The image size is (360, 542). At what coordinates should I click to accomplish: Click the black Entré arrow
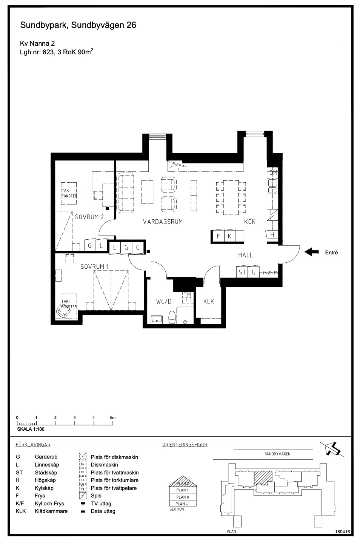coord(311,252)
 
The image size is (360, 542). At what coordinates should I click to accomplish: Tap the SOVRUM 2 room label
coord(89,217)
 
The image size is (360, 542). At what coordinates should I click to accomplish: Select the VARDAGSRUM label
coord(163,222)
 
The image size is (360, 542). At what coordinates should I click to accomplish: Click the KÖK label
coord(250,222)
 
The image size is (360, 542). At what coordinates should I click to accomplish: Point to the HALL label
coord(245,255)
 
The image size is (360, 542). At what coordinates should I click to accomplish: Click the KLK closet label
coord(209,301)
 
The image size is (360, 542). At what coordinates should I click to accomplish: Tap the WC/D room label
coord(164,301)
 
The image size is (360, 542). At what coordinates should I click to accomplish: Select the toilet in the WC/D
coord(172,317)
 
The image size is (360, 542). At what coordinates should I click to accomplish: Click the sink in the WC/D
coord(157,319)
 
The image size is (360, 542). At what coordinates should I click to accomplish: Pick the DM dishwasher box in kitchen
coord(273,173)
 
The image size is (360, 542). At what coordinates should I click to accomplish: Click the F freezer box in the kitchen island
coord(218,236)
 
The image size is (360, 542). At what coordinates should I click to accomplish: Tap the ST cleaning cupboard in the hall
coord(242,272)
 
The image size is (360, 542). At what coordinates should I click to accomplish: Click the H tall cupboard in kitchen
coord(272,234)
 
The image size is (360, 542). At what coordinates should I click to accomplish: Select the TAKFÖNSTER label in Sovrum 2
coord(69,193)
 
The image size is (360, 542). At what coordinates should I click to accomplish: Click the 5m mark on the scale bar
coord(112,417)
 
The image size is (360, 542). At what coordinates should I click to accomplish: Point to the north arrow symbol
coord(332,449)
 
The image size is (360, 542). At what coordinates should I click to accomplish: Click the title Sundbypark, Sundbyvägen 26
coord(78,25)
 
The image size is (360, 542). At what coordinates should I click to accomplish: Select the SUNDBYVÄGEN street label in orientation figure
coord(277,454)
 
